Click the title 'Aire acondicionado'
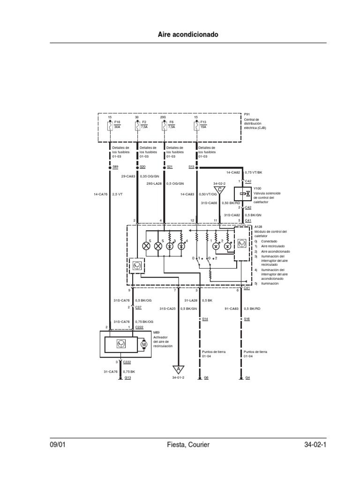[x=180, y=35]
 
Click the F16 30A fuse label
[x=117, y=125]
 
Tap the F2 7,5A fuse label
[x=144, y=125]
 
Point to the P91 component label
[x=247, y=114]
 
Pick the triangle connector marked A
[x=178, y=369]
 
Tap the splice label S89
[x=115, y=166]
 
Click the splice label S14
[x=204, y=319]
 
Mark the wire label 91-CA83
[x=232, y=308]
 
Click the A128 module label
[x=258, y=227]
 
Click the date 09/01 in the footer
[x=58, y=445]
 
